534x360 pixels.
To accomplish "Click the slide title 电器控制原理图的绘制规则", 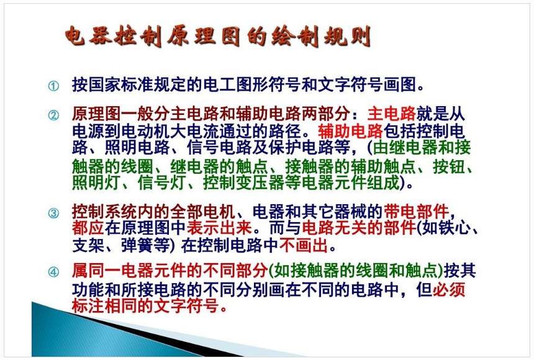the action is click(x=218, y=36).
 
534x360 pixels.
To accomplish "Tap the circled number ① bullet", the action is click(x=53, y=86).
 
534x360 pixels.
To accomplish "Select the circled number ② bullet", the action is click(x=53, y=115).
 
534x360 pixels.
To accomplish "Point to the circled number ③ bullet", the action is click(x=53, y=214).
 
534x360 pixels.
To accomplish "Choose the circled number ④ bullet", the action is click(x=53, y=272).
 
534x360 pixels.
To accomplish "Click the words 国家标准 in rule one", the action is click(x=121, y=84).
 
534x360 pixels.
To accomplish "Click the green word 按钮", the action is click(x=448, y=167).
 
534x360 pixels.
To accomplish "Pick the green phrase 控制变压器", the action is click(x=243, y=183).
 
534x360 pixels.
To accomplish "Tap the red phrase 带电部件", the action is click(x=416, y=212).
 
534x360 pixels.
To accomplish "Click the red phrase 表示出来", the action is click(x=219, y=228).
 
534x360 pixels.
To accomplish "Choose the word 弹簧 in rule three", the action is click(x=137, y=246).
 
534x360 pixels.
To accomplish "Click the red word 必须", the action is click(x=449, y=290).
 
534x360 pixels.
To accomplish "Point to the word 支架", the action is click(x=88, y=246).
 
